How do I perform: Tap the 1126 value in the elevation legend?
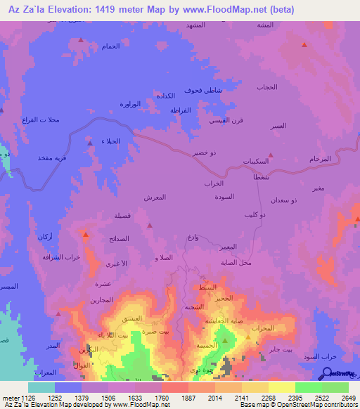(27, 397)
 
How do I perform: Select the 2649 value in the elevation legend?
(348, 397)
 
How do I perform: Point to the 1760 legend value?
(174, 397)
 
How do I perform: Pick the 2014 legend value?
(227, 397)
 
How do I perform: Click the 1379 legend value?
(94, 397)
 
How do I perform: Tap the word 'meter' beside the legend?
(9, 397)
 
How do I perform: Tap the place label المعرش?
(155, 197)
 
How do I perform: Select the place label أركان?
(42, 235)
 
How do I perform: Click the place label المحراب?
(261, 328)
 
